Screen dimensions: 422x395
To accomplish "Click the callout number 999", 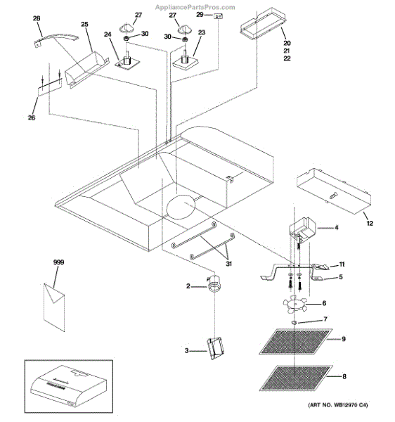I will (58, 262).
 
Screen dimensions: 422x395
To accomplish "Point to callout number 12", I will (370, 223).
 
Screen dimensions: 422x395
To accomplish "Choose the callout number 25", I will (84, 25).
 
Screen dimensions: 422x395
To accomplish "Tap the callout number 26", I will (32, 117).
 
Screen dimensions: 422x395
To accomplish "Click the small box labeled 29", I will (219, 15).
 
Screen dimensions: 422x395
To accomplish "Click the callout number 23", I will (201, 32).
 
